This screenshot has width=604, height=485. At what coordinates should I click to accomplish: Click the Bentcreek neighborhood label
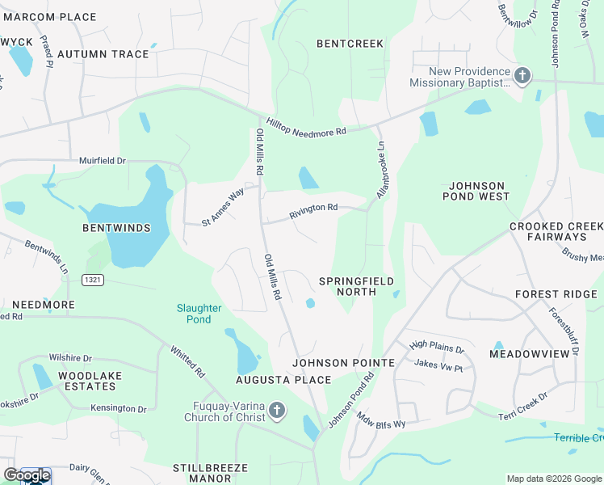350,44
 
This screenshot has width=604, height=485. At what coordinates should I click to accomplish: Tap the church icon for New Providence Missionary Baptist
522,77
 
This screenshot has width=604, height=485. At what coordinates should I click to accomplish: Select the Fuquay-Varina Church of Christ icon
276,411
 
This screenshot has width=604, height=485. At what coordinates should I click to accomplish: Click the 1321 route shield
92,279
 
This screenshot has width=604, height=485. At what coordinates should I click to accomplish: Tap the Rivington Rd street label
314,211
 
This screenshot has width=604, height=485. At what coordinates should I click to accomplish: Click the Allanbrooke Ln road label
382,169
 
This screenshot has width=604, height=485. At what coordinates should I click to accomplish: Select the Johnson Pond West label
476,191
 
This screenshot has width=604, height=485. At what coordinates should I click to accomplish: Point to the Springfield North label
356,286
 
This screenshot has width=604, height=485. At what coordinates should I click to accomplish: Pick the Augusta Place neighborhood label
283,380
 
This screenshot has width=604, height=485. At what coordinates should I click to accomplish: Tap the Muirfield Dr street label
103,161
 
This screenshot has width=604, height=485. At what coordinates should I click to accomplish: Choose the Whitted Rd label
187,361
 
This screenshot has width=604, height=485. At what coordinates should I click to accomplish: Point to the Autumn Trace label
103,54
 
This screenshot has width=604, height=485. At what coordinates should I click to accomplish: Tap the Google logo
27,476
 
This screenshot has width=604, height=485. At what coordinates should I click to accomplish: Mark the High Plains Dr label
437,348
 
